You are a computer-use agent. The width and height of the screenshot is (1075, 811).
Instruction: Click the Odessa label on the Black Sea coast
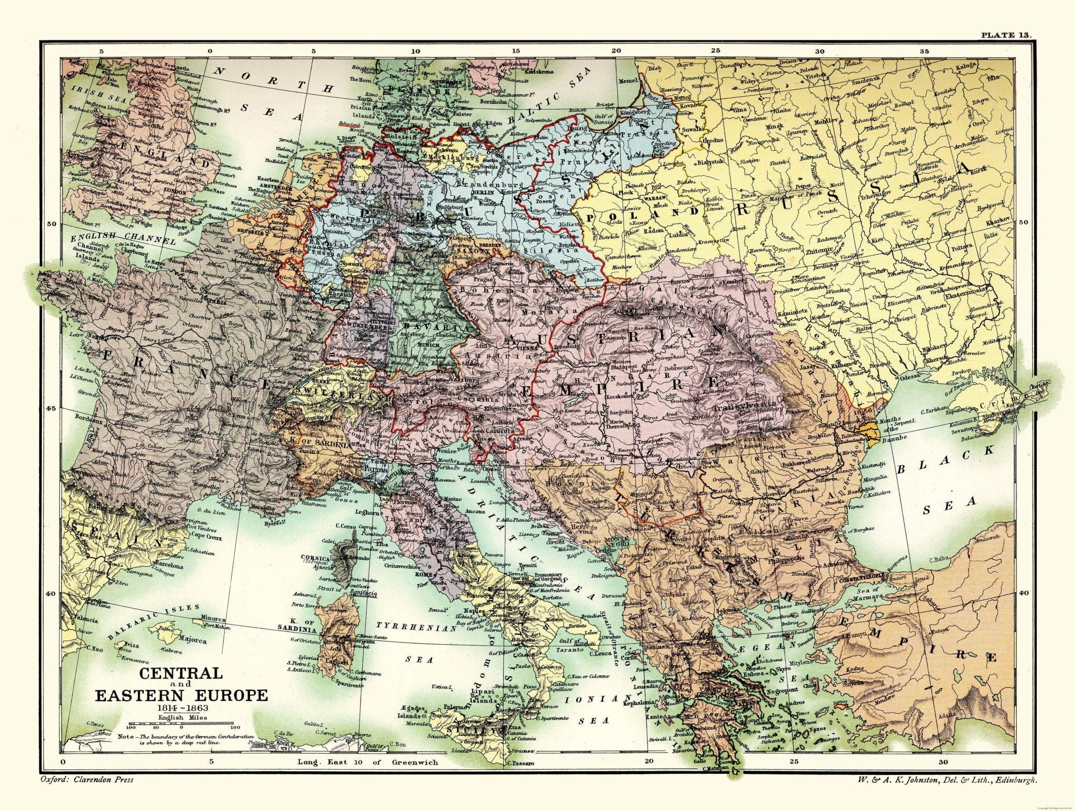(909, 376)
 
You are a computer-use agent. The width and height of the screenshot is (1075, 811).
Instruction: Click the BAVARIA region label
(427, 327)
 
